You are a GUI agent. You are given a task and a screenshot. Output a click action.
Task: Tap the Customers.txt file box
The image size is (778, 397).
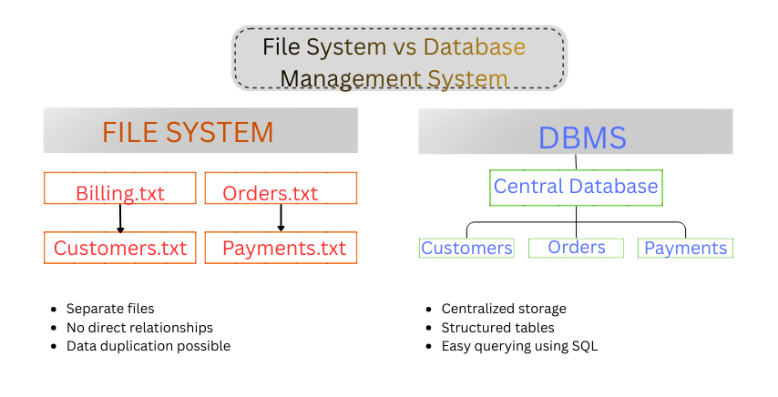coord(119,248)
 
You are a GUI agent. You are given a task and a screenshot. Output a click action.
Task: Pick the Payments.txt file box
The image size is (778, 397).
coord(281,248)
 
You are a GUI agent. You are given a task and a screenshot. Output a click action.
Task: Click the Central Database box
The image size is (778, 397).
coord(576,187)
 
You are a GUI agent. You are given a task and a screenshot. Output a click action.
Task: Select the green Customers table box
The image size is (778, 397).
coord(466,248)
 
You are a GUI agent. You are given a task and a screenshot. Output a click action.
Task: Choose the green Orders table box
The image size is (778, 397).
coord(577,248)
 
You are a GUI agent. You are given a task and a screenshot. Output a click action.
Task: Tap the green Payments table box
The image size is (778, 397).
coord(685,248)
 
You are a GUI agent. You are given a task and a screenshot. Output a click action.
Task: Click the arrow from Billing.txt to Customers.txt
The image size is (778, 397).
coord(120,218)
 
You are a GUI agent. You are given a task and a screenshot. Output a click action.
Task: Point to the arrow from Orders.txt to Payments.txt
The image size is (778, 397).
coord(281,218)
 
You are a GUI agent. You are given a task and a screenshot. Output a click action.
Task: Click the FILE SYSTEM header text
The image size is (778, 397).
coord(188,132)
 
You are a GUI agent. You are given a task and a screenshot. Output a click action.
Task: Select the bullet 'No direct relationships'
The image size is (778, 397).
coord(139,327)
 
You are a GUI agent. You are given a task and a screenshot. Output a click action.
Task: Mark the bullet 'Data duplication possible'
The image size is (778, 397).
coord(148,346)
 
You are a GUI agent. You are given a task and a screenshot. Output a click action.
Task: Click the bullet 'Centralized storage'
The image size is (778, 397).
coord(504,309)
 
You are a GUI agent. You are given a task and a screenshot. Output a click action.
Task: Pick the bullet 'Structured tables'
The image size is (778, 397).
coord(497,327)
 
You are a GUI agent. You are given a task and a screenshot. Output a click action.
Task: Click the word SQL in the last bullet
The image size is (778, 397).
coord(584,346)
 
